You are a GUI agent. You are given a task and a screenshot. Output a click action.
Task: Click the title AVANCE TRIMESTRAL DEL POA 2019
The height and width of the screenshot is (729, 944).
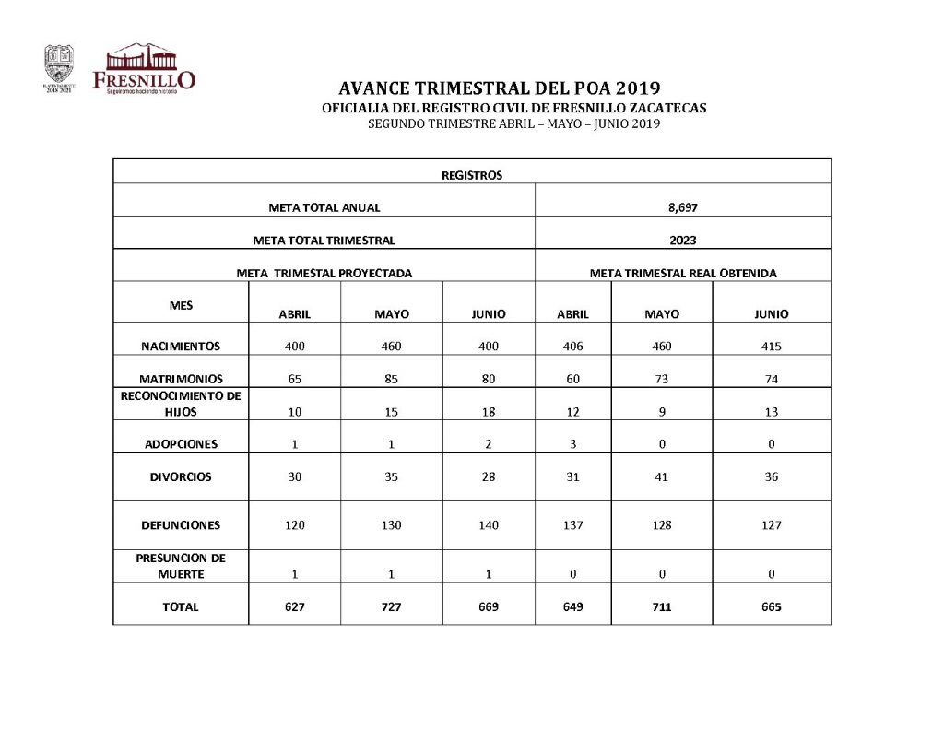500,89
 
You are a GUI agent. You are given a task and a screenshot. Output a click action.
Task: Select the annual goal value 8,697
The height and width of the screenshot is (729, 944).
683,207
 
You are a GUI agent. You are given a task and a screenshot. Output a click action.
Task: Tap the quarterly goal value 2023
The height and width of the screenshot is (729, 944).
683,241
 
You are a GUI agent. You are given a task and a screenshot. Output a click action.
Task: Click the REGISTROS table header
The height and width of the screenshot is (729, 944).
472,175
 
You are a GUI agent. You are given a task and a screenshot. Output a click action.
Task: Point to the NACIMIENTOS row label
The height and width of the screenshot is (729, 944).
181,347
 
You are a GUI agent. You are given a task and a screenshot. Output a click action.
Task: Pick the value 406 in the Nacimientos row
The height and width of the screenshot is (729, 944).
572,347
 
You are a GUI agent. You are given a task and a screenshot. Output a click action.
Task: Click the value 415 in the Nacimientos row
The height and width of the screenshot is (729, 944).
772,347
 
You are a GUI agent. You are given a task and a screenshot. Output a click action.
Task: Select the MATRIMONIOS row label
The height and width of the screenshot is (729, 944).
181,379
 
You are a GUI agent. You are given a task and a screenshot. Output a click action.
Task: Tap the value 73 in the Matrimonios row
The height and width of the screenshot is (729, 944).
662,379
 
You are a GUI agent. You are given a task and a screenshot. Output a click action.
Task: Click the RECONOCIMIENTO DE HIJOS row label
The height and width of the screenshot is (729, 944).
181,404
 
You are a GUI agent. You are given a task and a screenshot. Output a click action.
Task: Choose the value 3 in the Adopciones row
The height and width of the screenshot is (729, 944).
572,444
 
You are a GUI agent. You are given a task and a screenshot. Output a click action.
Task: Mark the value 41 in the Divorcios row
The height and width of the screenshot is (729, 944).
662,477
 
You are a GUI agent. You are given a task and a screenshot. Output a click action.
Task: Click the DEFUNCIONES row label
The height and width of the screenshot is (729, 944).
181,525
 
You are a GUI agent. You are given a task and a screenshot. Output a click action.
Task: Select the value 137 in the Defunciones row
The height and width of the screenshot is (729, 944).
572,525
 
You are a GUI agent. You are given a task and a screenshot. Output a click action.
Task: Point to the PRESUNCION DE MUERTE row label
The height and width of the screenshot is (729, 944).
181,565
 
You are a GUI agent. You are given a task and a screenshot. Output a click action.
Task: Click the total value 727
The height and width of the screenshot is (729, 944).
392,607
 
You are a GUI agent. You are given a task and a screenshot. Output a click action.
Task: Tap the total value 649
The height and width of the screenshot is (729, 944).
572,607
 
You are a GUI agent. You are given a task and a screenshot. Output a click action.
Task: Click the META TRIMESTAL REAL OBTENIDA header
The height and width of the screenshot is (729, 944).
683,274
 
